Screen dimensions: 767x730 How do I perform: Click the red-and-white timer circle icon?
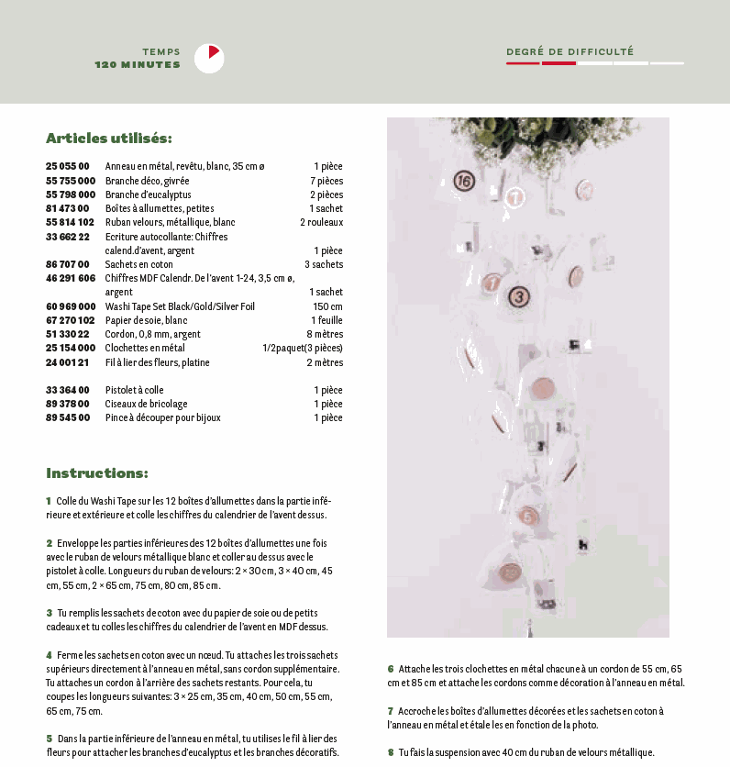click(x=209, y=58)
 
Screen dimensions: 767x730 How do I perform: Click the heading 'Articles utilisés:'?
click(x=109, y=139)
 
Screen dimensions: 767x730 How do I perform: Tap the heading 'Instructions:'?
click(x=97, y=473)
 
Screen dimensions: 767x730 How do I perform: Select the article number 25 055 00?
click(x=68, y=166)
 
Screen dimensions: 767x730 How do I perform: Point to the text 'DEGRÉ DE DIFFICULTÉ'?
click(x=570, y=52)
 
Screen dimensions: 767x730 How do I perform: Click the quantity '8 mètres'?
click(x=324, y=334)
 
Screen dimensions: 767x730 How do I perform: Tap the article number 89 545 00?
click(x=68, y=417)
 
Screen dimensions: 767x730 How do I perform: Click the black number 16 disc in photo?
click(x=464, y=181)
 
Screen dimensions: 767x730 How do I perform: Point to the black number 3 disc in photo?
click(x=519, y=295)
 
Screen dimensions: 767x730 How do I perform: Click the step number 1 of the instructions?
click(x=49, y=501)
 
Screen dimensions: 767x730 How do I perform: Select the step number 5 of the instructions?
click(x=49, y=738)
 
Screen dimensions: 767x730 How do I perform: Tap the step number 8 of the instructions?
click(x=390, y=752)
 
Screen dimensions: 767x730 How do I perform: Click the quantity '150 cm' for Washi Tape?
click(x=327, y=306)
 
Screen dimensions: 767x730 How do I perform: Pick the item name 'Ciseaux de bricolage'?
click(x=147, y=404)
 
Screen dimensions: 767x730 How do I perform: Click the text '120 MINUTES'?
click(x=138, y=65)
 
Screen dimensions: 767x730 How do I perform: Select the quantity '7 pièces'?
click(x=326, y=181)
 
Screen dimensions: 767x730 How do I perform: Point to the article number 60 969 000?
click(x=71, y=306)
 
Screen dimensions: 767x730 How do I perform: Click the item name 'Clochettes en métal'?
click(x=145, y=348)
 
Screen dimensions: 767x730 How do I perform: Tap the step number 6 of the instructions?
click(x=390, y=669)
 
